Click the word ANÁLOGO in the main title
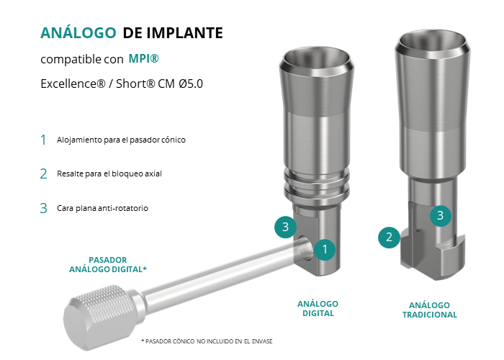pyautogui.click(x=78, y=32)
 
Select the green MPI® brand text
pyautogui.click(x=144, y=58)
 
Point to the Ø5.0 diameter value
pyautogui.click(x=191, y=84)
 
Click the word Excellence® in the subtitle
pyautogui.click(x=73, y=84)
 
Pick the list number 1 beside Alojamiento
pyautogui.click(x=43, y=140)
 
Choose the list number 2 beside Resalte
pyautogui.click(x=43, y=174)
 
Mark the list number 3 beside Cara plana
pyautogui.click(x=43, y=208)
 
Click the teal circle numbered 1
pyautogui.click(x=325, y=249)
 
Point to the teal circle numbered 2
pyautogui.click(x=389, y=237)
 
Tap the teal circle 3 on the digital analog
pyautogui.click(x=285, y=227)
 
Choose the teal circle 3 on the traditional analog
pyautogui.click(x=441, y=215)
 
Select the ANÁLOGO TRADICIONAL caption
pyautogui.click(x=429, y=310)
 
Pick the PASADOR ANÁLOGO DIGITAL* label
pyautogui.click(x=108, y=264)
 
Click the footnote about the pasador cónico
pyautogui.click(x=207, y=341)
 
